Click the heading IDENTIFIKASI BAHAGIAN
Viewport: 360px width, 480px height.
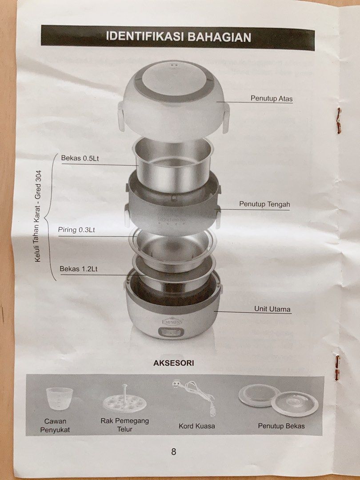(179, 37)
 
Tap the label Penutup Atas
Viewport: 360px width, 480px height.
(272, 99)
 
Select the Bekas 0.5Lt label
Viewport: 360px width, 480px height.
(80, 158)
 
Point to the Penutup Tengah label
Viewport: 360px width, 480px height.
(264, 204)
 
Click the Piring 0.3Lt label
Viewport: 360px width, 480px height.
(76, 230)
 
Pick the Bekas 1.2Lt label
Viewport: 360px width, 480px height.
(79, 269)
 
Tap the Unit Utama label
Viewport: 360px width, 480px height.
(272, 309)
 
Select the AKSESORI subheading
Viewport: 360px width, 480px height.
(174, 363)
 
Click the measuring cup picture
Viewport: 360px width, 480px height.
(59, 398)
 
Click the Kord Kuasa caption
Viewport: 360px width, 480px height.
(197, 426)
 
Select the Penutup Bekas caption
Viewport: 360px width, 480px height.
(281, 426)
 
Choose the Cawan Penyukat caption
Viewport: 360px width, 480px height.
(55, 425)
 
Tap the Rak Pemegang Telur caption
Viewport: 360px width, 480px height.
(124, 425)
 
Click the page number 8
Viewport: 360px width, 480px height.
(174, 452)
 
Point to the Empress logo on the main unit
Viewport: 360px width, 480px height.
(172, 321)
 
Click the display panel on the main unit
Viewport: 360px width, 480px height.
(171, 332)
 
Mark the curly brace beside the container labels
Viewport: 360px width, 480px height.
(48, 218)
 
